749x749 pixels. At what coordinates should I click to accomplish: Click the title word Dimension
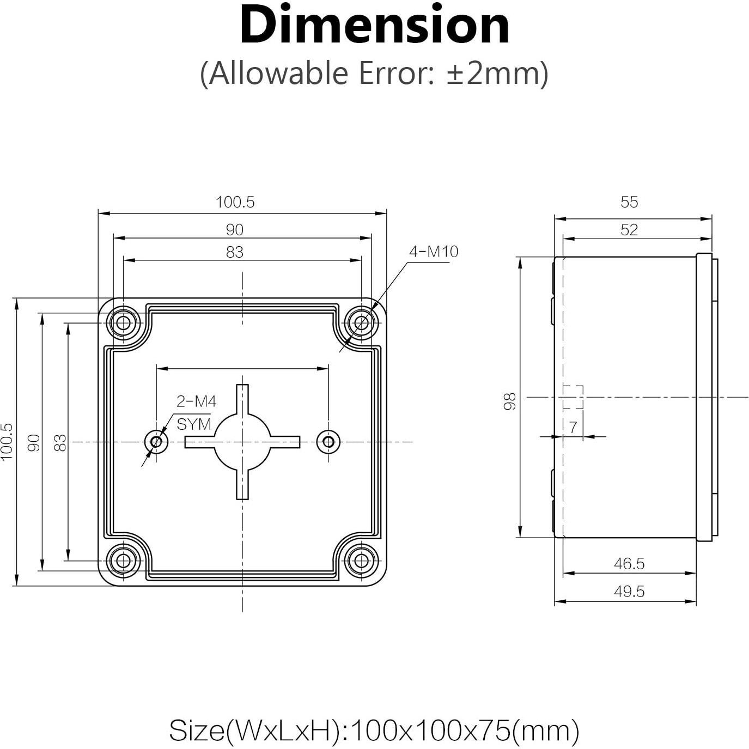click(x=374, y=26)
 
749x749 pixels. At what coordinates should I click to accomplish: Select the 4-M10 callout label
click(x=434, y=252)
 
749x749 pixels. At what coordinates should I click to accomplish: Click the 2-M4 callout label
click(x=196, y=401)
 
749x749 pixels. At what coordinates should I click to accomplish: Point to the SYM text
click(x=193, y=424)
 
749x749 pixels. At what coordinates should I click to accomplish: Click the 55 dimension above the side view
click(x=629, y=202)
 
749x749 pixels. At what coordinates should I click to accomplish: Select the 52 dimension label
click(x=629, y=230)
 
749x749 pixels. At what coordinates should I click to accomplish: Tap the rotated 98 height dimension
click(x=510, y=401)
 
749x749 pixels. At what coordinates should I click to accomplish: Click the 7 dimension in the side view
click(x=573, y=428)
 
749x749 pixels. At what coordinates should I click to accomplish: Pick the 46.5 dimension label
click(x=629, y=564)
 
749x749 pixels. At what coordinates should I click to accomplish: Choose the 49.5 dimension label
click(x=629, y=592)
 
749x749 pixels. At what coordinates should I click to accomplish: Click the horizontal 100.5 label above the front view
click(x=235, y=202)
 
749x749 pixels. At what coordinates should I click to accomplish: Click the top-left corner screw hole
click(x=123, y=323)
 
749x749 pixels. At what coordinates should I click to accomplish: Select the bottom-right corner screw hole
click(x=361, y=560)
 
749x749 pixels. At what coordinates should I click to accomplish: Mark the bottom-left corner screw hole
click(x=123, y=560)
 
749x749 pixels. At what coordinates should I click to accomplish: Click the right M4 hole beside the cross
click(x=328, y=442)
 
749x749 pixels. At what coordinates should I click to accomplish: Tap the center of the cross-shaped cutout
click(x=242, y=442)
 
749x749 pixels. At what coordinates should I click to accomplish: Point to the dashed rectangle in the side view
click(x=573, y=397)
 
